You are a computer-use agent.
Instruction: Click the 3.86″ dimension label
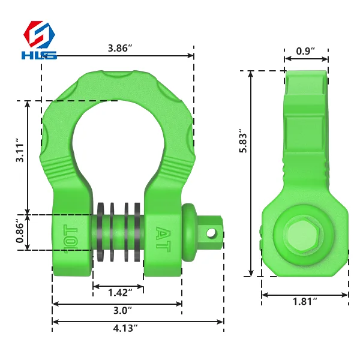(120, 48)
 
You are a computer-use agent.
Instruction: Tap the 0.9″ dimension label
(305, 51)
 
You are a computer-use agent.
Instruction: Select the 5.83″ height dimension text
(243, 140)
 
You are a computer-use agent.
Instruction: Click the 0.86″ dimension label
(20, 230)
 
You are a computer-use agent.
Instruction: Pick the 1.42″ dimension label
(120, 293)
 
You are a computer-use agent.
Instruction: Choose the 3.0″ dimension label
(122, 310)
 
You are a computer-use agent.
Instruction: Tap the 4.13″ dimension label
(125, 328)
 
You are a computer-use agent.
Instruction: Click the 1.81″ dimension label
(305, 301)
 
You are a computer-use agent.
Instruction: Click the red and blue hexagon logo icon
(39, 34)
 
